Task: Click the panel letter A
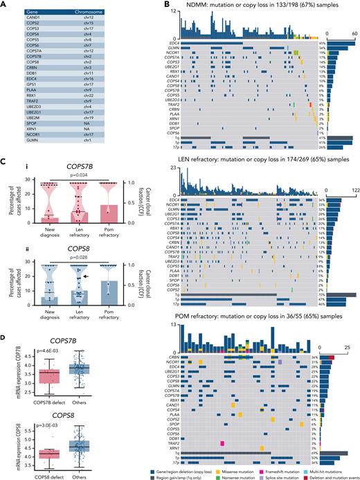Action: [x=4, y=4]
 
